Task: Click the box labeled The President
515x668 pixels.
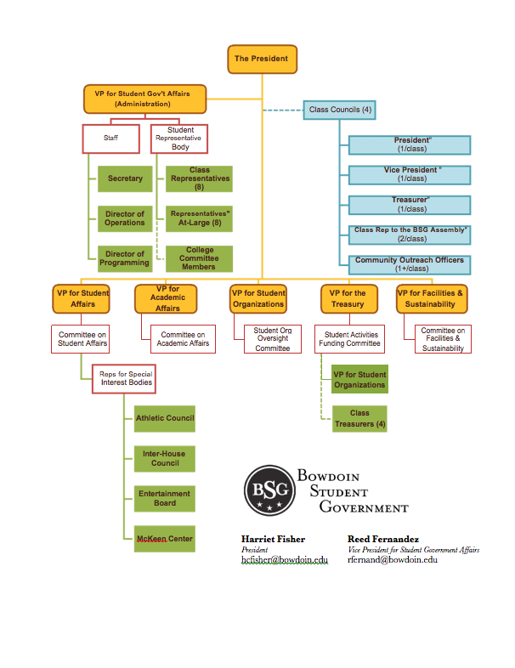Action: click(x=262, y=59)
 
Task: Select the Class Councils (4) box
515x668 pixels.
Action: click(x=340, y=110)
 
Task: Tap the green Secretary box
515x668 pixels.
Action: click(x=125, y=178)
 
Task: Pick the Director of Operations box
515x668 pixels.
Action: click(x=125, y=218)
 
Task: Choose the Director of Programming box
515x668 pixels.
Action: click(x=125, y=258)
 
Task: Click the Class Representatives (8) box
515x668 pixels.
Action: click(x=200, y=178)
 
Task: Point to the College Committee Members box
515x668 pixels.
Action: click(x=200, y=258)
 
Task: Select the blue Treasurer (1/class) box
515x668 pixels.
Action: click(x=410, y=205)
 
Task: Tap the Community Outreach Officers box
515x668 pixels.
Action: click(x=410, y=264)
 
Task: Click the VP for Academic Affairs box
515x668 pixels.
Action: click(x=167, y=299)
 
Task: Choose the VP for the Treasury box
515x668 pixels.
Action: click(x=348, y=299)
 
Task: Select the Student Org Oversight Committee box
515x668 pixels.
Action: click(x=272, y=339)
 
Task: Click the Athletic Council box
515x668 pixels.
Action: click(x=164, y=418)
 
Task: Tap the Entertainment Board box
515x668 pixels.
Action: click(x=164, y=498)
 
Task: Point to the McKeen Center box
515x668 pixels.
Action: click(x=164, y=539)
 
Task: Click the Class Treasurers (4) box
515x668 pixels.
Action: click(x=359, y=418)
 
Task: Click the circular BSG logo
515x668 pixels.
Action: click(x=269, y=490)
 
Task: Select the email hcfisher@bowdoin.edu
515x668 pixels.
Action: click(x=284, y=560)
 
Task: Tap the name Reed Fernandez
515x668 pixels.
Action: click(x=382, y=539)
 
